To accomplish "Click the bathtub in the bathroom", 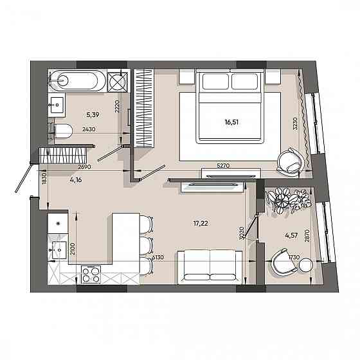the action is click(77, 80).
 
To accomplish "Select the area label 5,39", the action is click(93, 114).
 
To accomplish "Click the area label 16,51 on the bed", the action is click(231, 122).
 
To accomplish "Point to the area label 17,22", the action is click(201, 223).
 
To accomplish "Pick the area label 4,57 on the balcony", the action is click(291, 235).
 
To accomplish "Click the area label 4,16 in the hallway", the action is click(76, 180).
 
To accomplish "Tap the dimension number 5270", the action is click(223, 165).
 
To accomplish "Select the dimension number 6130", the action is click(158, 257).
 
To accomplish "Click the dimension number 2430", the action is click(89, 129).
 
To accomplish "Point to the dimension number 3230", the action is click(295, 123).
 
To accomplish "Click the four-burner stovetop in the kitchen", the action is click(91, 274).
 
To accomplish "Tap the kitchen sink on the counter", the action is click(58, 250).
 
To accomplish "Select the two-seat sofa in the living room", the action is click(210, 267).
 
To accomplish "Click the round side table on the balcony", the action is click(306, 265).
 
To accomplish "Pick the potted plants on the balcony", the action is click(289, 200).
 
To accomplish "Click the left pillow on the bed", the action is click(215, 81).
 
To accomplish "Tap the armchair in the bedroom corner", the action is click(290, 162).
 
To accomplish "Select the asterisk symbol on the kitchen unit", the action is click(58, 223).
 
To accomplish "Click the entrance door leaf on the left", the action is click(23, 177).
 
